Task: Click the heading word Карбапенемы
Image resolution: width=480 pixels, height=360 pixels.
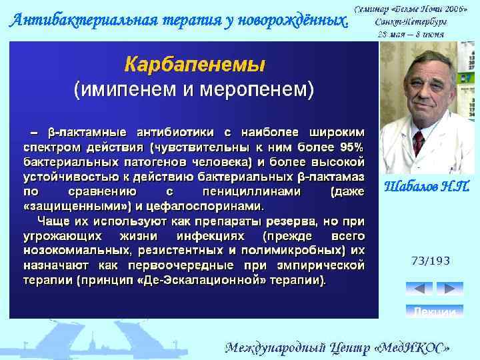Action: click(x=195, y=64)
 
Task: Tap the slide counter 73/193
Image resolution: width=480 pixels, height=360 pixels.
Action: click(x=431, y=261)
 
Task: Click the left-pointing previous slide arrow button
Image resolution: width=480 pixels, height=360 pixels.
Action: click(x=419, y=289)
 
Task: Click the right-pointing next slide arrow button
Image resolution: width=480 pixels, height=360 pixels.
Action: click(x=450, y=289)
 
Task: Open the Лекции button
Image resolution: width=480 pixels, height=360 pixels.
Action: click(x=435, y=311)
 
